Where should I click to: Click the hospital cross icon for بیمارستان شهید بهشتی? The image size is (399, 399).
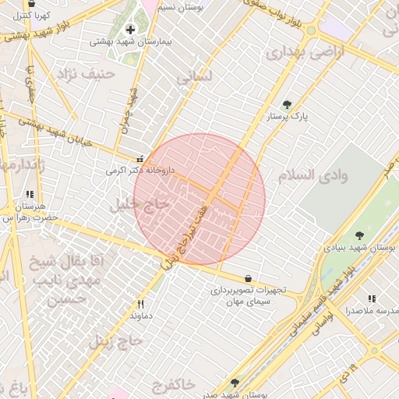[129, 30]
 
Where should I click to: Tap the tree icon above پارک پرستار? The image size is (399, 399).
[288, 104]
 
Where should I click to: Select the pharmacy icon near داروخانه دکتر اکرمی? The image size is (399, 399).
[139, 157]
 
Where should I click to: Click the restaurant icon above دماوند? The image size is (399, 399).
[141, 305]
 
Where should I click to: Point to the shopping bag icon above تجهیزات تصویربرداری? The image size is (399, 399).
[248, 278]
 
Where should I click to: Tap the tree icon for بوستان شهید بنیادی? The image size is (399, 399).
[359, 235]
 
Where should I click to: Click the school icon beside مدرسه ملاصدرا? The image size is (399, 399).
[373, 298]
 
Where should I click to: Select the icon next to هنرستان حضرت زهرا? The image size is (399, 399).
[30, 195]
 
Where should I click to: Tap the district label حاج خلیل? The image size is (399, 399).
[140, 205]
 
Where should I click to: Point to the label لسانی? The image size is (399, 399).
[195, 78]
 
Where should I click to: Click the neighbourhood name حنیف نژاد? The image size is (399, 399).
[87, 74]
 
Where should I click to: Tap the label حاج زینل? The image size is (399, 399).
[107, 341]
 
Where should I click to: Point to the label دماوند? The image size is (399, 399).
[140, 316]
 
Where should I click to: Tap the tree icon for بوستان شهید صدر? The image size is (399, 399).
[235, 383]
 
